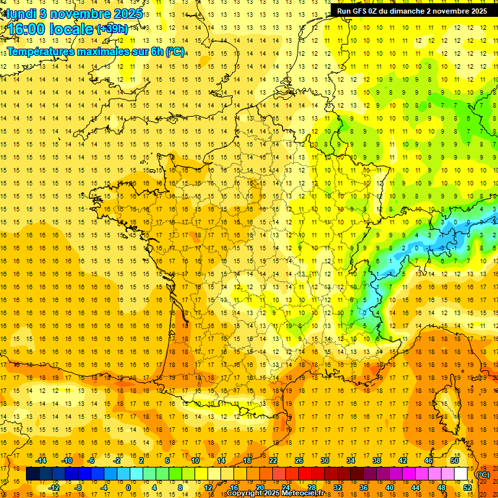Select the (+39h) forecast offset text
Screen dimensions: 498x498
coord(112,29)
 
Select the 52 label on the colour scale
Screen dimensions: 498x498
coord(468,488)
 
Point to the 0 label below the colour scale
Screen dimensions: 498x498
coord(128,488)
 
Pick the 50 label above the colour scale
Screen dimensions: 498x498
coord(455,460)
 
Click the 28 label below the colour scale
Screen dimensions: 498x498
coord(311,488)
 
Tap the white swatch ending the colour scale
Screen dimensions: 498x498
coord(461,474)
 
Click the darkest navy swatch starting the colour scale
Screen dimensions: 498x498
coord(32,474)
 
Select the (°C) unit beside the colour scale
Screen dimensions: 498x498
coord(483,475)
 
